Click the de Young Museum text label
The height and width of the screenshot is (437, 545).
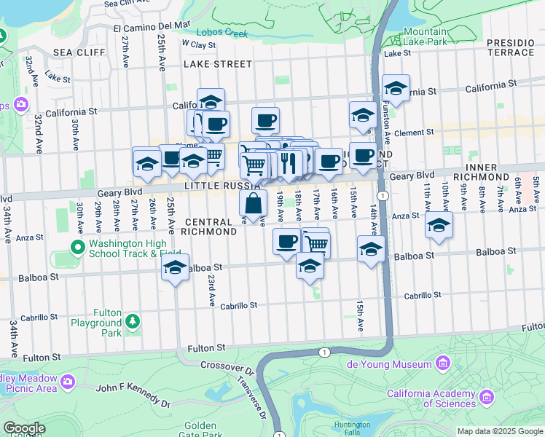click(393, 363)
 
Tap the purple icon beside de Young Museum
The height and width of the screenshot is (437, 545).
click(442, 363)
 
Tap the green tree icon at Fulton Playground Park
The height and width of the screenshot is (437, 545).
click(132, 321)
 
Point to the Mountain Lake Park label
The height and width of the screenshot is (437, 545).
click(425, 37)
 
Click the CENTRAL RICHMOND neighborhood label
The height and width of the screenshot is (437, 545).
click(211, 227)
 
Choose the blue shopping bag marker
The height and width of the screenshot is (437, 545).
click(253, 205)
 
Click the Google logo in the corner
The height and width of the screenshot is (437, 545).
click(23, 428)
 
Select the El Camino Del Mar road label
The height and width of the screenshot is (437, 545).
click(152, 27)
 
